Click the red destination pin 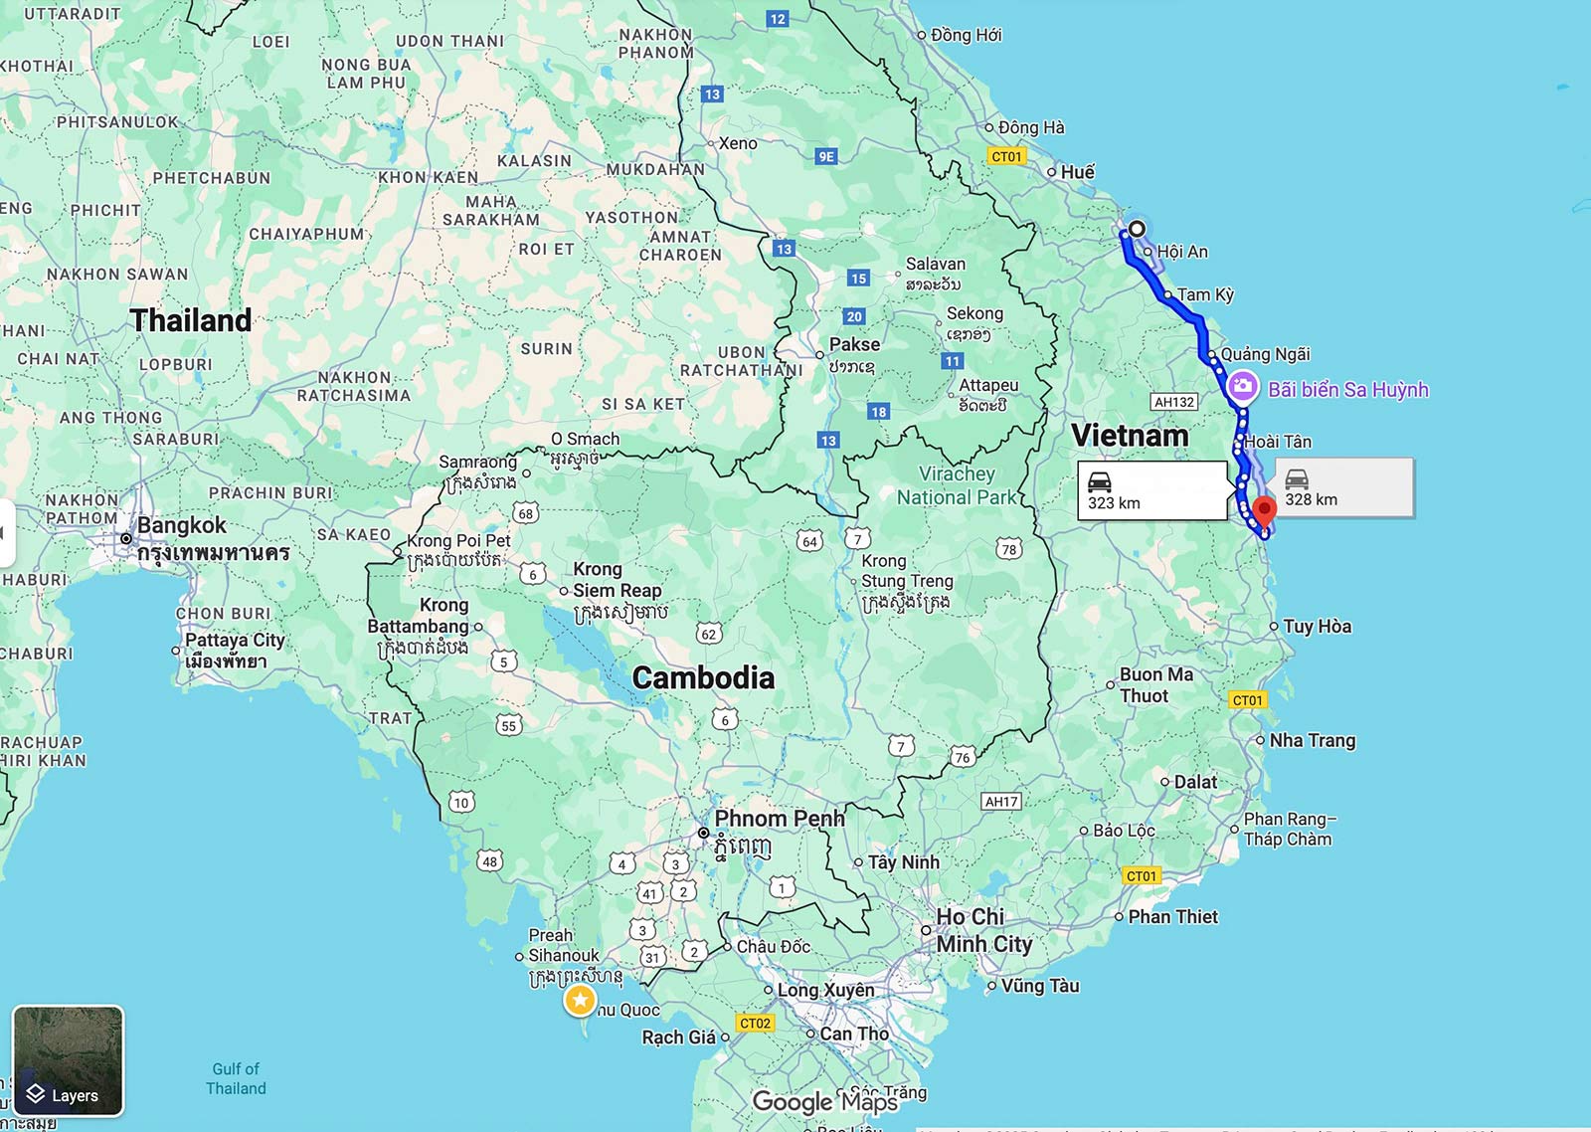coord(1264,512)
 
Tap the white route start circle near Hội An coord(1137,229)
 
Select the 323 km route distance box coord(1152,490)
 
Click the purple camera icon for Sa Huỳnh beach coord(1242,387)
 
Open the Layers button coord(68,1060)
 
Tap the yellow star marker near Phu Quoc coord(580,1001)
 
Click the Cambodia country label coord(703,678)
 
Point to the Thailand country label coord(191,320)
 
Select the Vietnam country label coord(1130,436)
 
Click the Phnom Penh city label coord(779,819)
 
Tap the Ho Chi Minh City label coord(983,930)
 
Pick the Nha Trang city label coord(1312,740)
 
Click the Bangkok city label coord(182,525)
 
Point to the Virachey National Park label coord(957,485)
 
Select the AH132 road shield coord(1174,402)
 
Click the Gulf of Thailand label coord(236,1078)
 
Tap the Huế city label coord(1077,172)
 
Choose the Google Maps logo coord(824,1101)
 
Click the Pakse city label coord(854,344)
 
